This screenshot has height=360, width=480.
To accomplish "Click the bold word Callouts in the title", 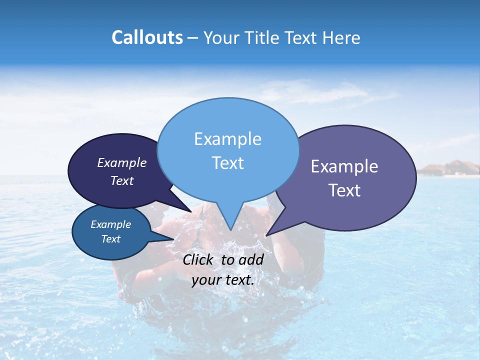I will point(147,37).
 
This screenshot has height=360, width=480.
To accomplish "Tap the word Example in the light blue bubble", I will point(227,139).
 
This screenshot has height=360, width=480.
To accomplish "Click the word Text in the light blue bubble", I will point(227,163).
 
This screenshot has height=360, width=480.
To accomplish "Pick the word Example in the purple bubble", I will point(344,166).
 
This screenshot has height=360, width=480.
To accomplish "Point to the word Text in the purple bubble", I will point(344,190).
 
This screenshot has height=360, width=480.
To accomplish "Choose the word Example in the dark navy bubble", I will point(121,162).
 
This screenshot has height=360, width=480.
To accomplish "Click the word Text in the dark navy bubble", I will point(121,180).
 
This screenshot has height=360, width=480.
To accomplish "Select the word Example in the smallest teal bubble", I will point(110,224).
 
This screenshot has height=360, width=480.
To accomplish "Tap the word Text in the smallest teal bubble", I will point(110,239).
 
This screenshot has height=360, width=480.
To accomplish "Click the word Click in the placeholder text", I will point(198,259).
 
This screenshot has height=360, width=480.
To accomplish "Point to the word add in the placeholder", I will point(251,259).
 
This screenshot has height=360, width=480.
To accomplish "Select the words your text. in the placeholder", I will point(223,280).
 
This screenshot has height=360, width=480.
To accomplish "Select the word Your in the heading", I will point(222,37).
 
